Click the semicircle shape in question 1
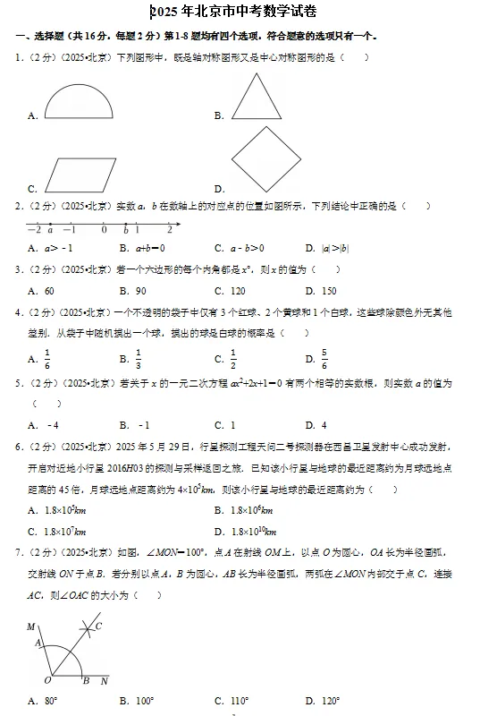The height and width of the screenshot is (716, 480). click(78, 99)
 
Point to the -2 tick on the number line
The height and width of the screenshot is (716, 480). click(33, 230)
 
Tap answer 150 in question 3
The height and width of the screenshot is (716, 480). click(328, 291)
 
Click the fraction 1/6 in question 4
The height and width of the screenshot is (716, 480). click(47, 358)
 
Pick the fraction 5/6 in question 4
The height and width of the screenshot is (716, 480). click(324, 358)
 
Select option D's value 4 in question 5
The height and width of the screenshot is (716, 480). click(323, 425)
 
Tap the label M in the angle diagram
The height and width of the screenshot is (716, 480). click(30, 626)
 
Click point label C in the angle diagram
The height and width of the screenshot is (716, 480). click(98, 626)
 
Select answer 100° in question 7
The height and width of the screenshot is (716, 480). click(145, 701)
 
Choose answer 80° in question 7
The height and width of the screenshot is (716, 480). click(51, 701)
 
